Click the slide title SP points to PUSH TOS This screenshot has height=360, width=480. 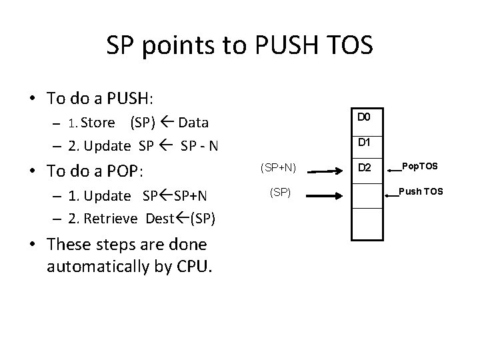point(239,45)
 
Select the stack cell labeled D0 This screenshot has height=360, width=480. point(367,117)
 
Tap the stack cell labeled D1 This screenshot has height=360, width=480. point(367,142)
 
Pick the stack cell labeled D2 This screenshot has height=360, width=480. point(367,167)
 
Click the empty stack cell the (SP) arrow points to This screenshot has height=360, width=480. point(367,193)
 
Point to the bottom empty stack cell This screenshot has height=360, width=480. point(367,223)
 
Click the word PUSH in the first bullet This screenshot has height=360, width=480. point(126,98)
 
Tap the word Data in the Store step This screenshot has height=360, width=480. point(193,123)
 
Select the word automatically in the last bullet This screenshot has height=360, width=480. point(101,267)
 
